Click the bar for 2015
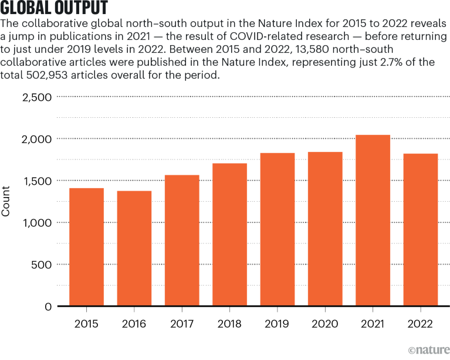(x=86, y=247)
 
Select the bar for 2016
(x=134, y=249)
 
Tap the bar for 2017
(x=182, y=240)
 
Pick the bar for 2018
(x=229, y=235)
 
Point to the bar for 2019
(x=278, y=229)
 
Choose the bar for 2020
(x=325, y=229)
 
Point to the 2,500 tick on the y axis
(x=36, y=97)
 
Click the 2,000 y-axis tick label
(x=36, y=139)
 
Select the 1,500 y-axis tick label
(x=37, y=181)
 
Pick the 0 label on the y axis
(x=49, y=307)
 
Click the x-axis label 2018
(x=229, y=324)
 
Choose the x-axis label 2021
(x=373, y=324)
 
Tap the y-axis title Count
(x=6, y=201)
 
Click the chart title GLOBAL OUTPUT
(x=54, y=9)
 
